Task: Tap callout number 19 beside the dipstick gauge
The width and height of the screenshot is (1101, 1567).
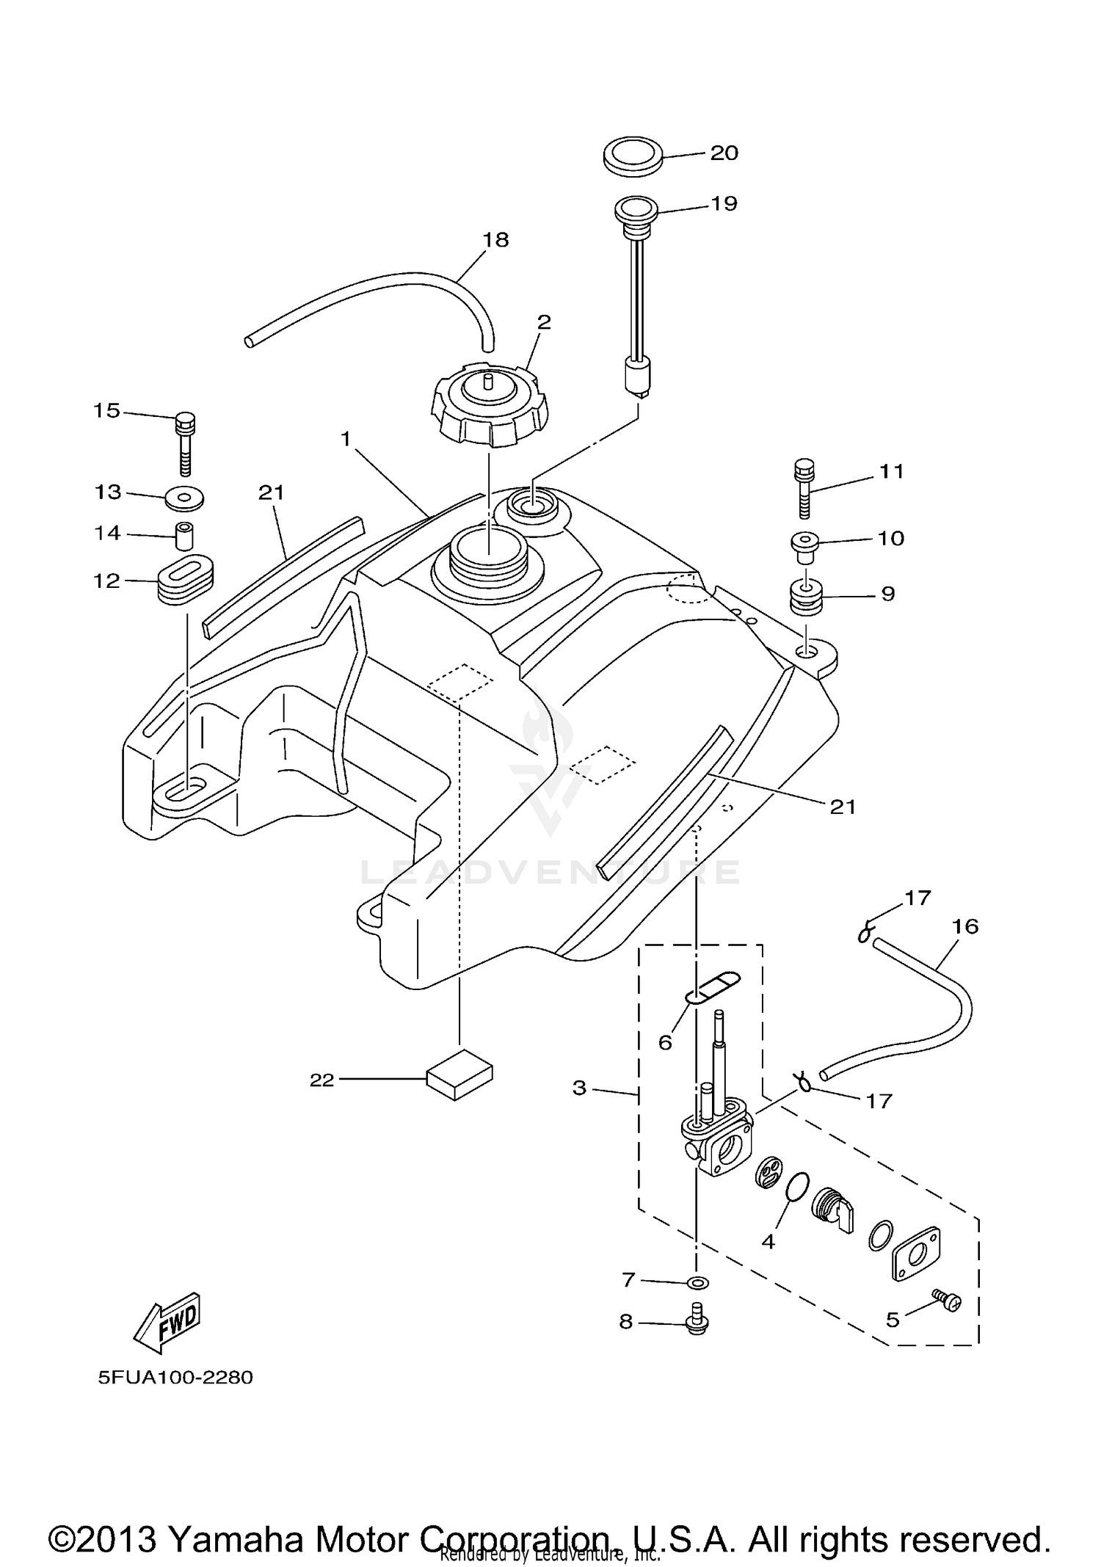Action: click(724, 203)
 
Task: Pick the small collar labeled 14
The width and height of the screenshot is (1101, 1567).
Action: click(186, 536)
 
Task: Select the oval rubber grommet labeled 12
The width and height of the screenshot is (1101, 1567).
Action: click(186, 580)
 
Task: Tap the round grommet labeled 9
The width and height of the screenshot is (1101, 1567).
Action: click(806, 600)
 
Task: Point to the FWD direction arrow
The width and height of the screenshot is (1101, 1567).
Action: click(167, 1321)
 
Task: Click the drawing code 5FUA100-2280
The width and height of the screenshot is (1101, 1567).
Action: click(176, 1377)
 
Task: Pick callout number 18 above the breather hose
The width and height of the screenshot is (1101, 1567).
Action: click(496, 240)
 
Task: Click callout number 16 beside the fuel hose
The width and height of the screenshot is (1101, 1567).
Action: click(966, 926)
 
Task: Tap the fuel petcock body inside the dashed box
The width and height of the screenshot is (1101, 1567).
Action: click(717, 1145)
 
